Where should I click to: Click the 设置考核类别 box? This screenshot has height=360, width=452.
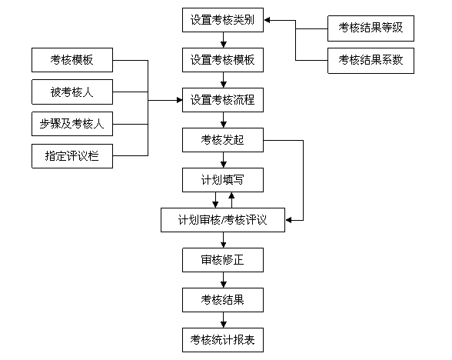223,20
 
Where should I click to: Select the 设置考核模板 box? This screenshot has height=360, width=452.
223,60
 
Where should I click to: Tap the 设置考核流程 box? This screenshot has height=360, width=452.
223,100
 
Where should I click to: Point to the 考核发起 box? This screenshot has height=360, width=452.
223,140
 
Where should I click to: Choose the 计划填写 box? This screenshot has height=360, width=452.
223,180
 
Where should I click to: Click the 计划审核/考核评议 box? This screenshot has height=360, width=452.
223,220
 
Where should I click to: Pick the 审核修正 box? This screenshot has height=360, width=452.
223,260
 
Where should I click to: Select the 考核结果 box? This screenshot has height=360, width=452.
223,300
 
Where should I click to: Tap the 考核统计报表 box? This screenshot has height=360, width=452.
223,340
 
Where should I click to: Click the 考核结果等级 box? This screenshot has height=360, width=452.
371,28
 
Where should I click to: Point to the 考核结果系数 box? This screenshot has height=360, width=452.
371,61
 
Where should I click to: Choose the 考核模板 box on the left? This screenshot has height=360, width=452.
72,60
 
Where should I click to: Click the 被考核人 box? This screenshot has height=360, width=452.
72,92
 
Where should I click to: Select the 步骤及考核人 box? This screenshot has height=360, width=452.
72,124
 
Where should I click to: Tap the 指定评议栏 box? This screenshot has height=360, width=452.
72,156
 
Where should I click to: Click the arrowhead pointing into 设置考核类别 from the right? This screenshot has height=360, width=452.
267,20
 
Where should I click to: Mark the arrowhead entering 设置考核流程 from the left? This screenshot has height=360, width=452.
179,100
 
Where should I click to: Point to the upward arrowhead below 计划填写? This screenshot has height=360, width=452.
231,195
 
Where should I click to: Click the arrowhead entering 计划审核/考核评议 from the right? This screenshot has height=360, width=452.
288,220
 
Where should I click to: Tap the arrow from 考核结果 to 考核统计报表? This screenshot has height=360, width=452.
223,320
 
